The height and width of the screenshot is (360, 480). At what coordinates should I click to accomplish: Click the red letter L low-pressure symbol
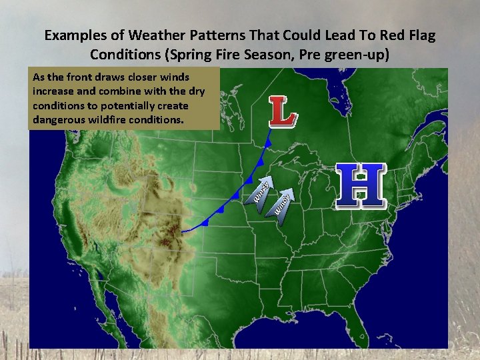283,112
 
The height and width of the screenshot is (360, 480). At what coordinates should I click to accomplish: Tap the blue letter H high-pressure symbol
360,183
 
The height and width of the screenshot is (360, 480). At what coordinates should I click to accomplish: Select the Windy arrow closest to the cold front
261,191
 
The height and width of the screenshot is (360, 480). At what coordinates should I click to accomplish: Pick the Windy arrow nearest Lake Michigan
283,203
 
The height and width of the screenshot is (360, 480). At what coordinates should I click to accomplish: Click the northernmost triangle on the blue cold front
268,143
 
